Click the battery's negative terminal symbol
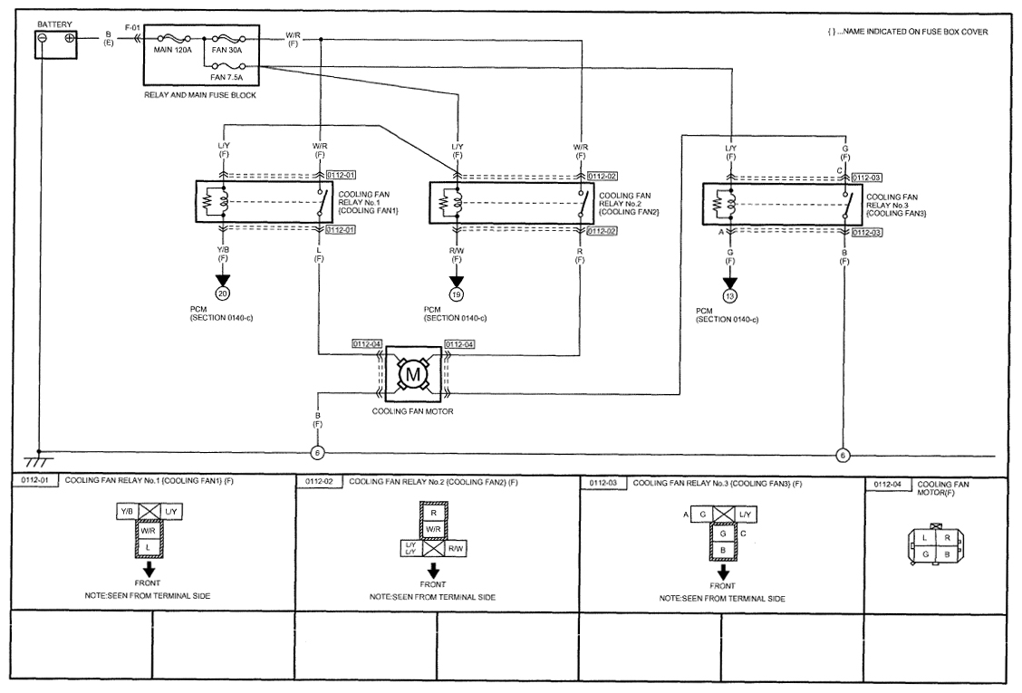43,38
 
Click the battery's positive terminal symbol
69,38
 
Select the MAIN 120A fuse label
173,50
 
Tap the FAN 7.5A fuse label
227,78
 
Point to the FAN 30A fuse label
227,50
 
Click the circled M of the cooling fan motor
412,374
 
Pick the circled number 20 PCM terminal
223,294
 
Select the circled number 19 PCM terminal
457,294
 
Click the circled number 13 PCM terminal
730,296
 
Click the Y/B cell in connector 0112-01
127,513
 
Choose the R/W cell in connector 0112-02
455,549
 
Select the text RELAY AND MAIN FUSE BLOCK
200,95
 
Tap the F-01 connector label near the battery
132,28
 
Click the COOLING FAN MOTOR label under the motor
412,411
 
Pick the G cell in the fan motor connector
925,554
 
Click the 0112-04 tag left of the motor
366,344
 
